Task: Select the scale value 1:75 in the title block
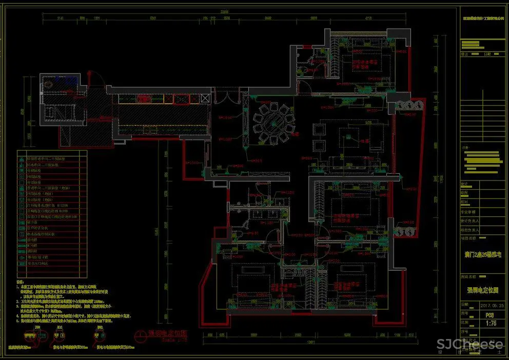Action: (487, 323)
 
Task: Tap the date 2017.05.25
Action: (487, 304)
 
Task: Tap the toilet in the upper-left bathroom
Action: (50, 84)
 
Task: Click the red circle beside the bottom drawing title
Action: (141, 336)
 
